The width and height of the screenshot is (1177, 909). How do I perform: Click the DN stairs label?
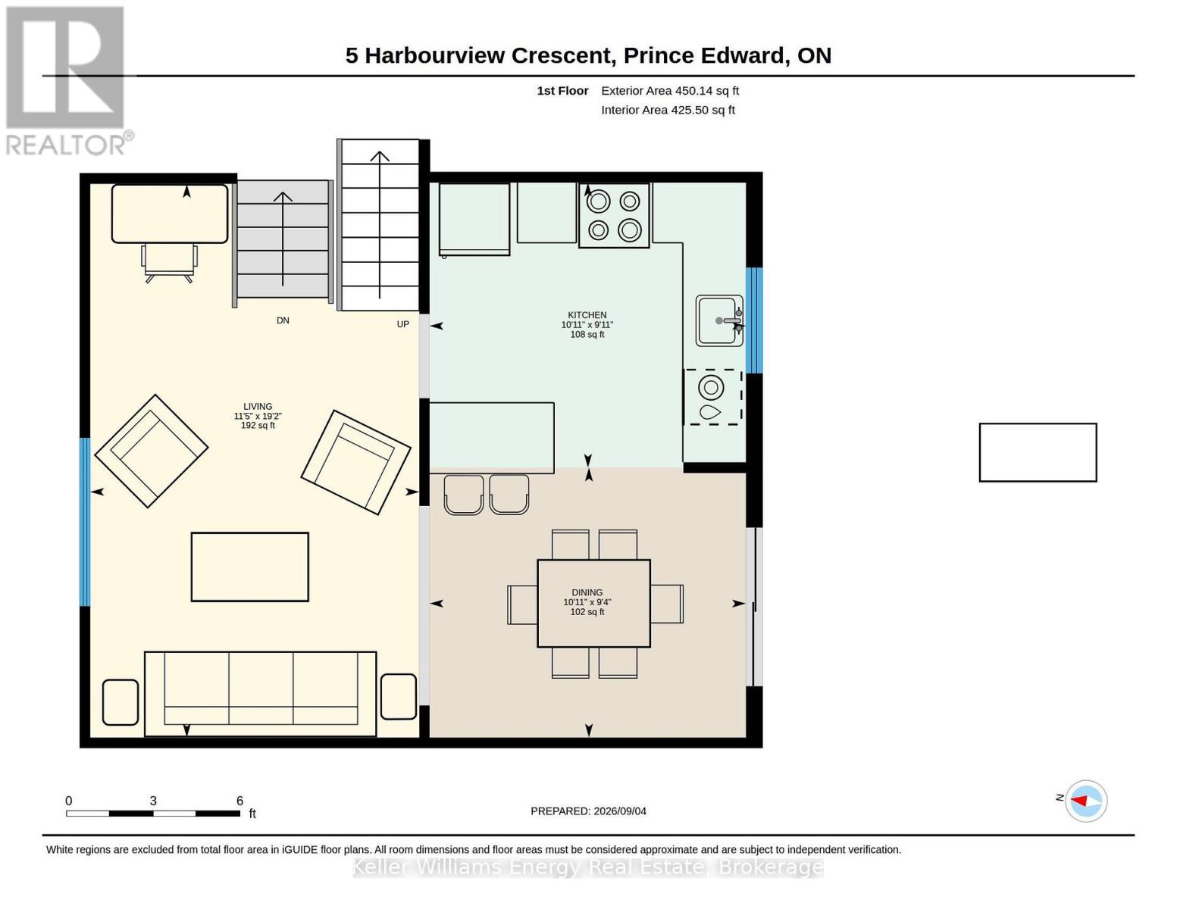[x=283, y=320]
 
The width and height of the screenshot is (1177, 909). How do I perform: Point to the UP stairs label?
[x=403, y=324]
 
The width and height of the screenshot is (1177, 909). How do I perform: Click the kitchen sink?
[x=719, y=320]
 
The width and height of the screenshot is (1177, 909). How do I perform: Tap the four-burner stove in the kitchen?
[x=614, y=215]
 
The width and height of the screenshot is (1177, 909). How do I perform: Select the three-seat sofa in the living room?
[x=260, y=694]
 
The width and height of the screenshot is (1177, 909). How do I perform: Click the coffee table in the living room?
[x=249, y=567]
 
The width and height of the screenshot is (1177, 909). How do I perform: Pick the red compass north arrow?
[x=1079, y=801]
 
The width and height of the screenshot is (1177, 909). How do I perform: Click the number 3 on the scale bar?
[x=153, y=801]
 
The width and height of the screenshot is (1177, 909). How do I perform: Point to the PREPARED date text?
[x=588, y=811]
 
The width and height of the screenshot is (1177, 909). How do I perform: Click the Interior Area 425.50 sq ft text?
[x=668, y=110]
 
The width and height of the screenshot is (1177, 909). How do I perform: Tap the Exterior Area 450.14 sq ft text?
[x=670, y=91]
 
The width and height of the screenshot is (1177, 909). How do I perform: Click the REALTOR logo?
[x=67, y=81]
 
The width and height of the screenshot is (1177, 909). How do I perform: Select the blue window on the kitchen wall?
[x=755, y=320]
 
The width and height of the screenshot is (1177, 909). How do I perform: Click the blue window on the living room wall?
[x=85, y=522]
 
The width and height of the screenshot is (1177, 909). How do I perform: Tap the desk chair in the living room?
[x=169, y=262]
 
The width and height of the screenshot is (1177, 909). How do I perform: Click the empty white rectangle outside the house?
[x=1038, y=452]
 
